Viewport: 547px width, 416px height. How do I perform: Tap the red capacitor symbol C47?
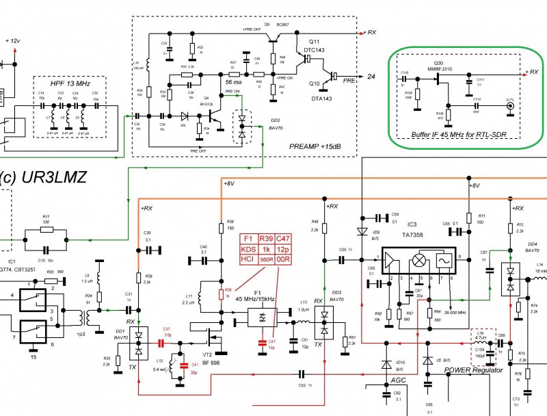(x=261, y=340)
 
